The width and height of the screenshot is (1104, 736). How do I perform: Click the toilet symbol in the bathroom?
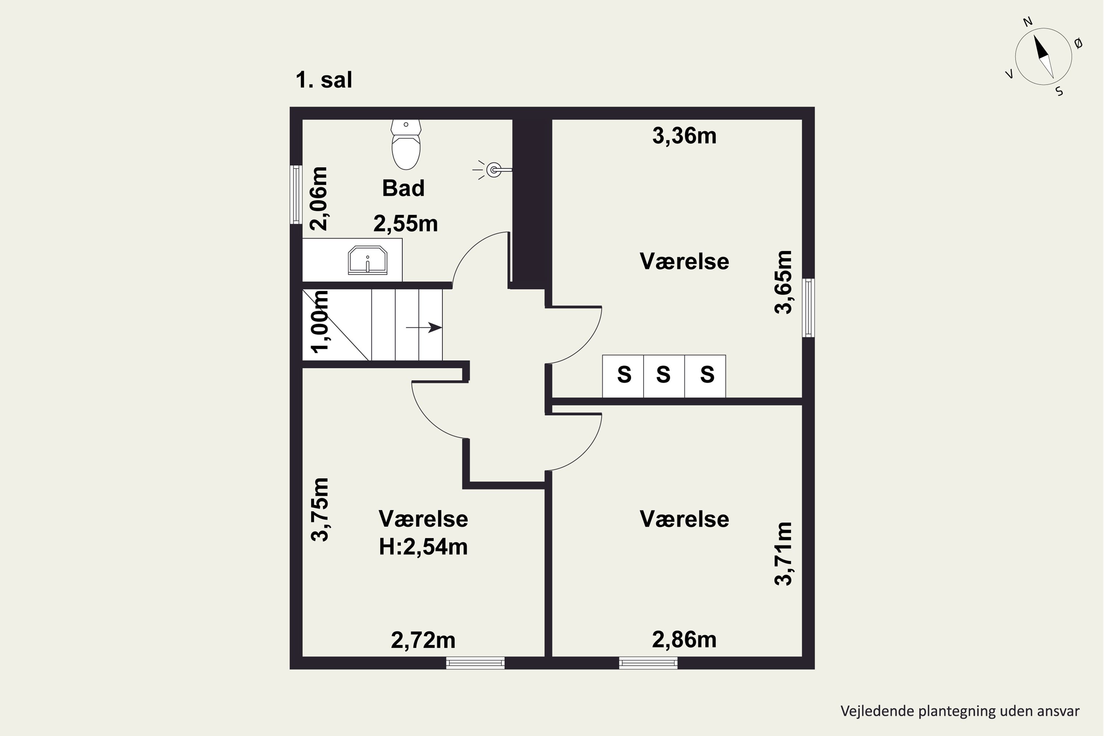(406, 145)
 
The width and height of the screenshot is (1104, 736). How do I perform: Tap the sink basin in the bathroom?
(368, 261)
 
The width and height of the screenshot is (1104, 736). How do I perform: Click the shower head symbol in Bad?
(493, 169)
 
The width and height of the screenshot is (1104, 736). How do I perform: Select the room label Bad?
(403, 188)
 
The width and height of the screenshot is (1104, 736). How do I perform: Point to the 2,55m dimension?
(406, 223)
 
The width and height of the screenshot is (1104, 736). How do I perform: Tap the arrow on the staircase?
(424, 328)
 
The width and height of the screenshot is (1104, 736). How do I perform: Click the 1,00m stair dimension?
(320, 322)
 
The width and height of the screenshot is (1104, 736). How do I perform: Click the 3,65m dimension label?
(783, 282)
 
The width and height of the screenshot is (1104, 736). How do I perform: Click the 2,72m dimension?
(423, 640)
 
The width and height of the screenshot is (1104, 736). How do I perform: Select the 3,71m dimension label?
(783, 554)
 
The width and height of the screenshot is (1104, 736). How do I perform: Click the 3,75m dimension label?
(320, 510)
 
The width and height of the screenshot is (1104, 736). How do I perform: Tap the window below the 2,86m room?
(648, 663)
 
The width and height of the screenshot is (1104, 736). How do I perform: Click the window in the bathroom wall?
(296, 194)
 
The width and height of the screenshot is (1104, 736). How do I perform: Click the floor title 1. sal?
(324, 80)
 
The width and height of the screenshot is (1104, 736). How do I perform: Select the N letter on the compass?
(1027, 22)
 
